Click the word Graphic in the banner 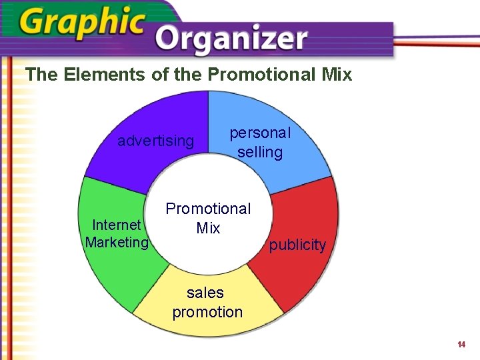point(82,23)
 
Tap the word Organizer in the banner point(231,40)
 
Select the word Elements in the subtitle point(105,74)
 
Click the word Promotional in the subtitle point(261,74)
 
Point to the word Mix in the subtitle point(337,74)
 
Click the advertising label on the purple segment point(155,141)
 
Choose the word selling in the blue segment point(260,152)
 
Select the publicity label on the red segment point(297,245)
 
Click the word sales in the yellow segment point(205,293)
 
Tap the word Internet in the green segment point(116,225)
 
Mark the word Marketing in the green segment point(117,243)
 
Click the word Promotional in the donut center point(208,209)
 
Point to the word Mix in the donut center point(208,228)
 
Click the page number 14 point(461,345)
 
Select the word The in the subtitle point(41,74)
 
